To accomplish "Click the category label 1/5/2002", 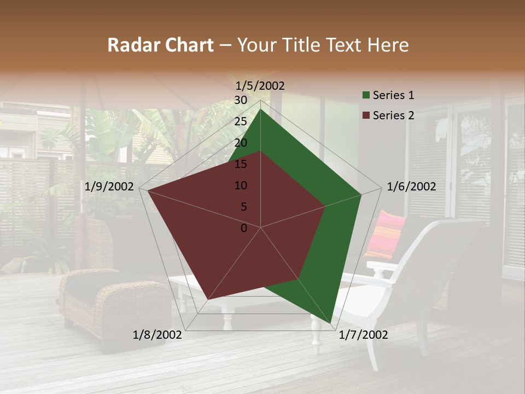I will tap(260, 85).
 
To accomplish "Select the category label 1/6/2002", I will tap(411, 187).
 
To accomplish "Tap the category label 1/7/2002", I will tap(364, 335).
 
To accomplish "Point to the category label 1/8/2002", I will tap(157, 335).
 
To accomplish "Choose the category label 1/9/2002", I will tap(109, 187).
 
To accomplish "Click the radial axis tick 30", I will tap(241, 100).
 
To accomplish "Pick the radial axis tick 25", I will tap(241, 121).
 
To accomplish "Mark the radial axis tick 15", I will tap(241, 164).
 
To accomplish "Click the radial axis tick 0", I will tap(244, 228).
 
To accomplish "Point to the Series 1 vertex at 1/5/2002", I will tap(260, 109).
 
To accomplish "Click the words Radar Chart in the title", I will tap(160, 45).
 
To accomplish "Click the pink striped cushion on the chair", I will tap(384, 234).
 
